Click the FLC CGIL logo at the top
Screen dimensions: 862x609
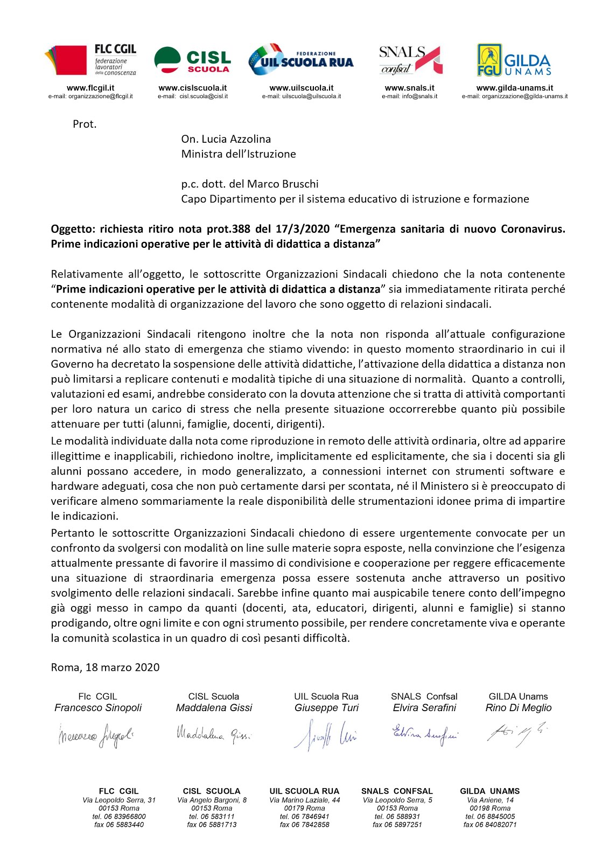(90, 60)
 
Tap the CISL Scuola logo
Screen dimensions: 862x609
(192, 60)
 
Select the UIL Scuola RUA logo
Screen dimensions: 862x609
(300, 60)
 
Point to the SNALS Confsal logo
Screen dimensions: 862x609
(410, 60)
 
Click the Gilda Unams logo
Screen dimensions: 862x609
(514, 60)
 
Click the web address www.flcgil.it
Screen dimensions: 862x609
(90, 88)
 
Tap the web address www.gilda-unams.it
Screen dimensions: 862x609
(514, 88)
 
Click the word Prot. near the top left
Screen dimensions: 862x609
(85, 124)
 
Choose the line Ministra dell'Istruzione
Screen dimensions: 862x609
(239, 154)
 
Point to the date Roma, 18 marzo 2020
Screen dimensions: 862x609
(106, 668)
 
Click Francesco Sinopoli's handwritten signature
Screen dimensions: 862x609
(96, 736)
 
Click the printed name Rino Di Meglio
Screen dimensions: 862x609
(519, 708)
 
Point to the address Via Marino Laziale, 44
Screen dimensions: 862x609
(305, 800)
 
